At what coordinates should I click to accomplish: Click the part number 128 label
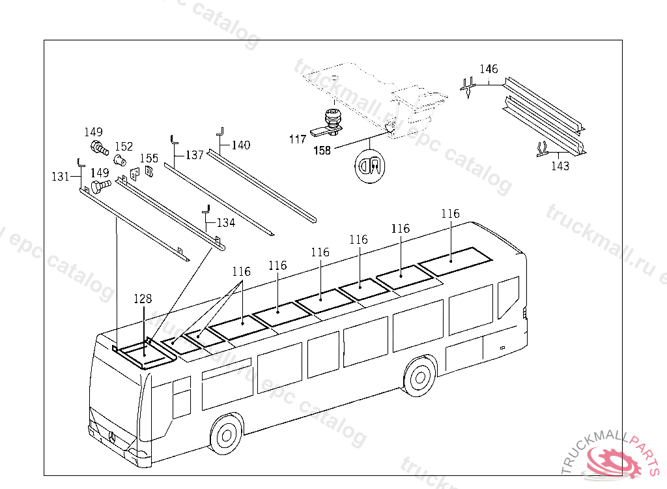point(143,299)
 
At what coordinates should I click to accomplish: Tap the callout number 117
point(298,139)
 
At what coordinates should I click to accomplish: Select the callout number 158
point(322,150)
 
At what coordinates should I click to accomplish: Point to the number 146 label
point(489,69)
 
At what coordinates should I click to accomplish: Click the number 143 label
point(560,166)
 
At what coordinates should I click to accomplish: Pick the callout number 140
point(240,145)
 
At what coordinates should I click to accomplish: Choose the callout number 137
point(194,155)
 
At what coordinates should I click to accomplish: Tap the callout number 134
point(225,222)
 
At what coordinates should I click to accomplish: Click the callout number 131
point(61,176)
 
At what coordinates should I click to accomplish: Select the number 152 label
point(124,146)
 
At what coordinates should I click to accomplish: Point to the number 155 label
point(149,158)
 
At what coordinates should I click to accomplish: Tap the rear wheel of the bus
point(418,376)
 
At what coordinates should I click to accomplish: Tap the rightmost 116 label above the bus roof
point(450,214)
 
